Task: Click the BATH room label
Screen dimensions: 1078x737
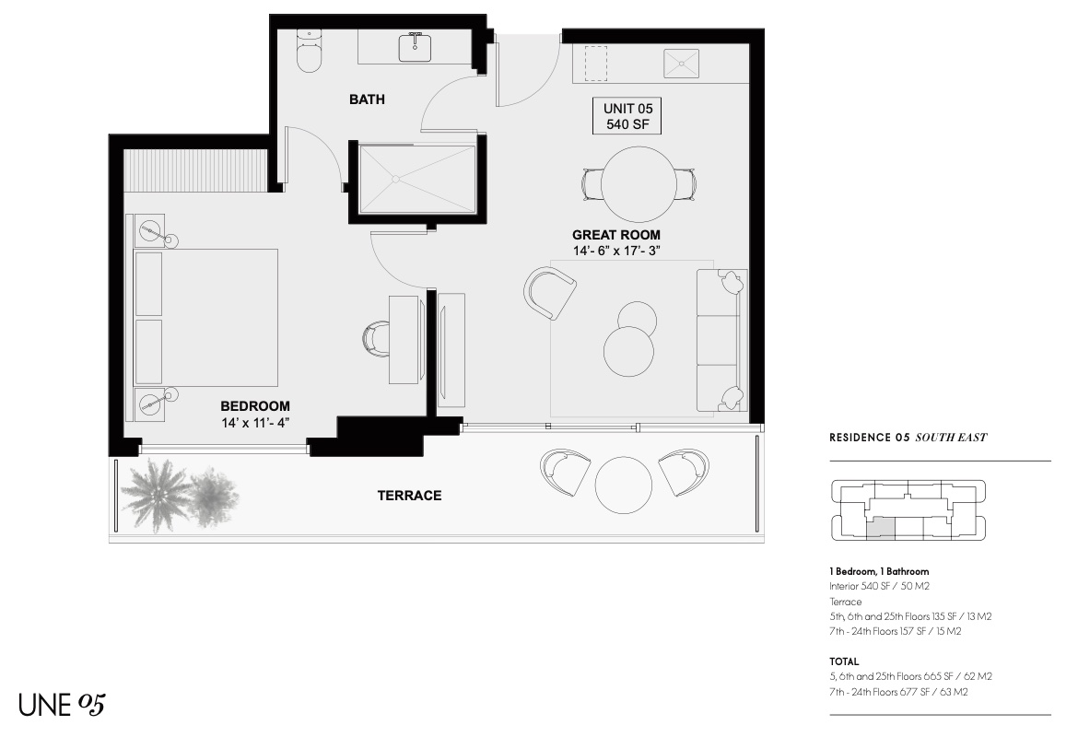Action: coord(367,99)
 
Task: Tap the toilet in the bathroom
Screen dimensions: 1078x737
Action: coord(309,52)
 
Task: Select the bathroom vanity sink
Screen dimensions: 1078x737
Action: coord(416,47)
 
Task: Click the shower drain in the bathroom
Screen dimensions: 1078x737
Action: coord(395,179)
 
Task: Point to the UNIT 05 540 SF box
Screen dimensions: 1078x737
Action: coord(627,116)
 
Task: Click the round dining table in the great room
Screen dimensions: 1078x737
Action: coord(638,183)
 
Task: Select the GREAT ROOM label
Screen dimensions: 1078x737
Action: coord(616,235)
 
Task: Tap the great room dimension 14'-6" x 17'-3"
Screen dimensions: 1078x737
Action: coord(616,251)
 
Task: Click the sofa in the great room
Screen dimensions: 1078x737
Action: coord(721,341)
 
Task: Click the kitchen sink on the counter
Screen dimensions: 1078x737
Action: coord(681,64)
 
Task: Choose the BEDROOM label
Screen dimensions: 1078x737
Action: coord(255,406)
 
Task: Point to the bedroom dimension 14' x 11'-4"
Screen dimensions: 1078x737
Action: coord(255,423)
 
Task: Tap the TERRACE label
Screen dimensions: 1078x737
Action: coord(410,496)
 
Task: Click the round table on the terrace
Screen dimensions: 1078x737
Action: coord(623,485)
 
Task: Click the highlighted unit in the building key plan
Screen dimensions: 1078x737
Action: coord(881,528)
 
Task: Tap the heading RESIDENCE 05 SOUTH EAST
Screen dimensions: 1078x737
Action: coord(908,438)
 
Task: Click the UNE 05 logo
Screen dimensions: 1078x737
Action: coord(62,705)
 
